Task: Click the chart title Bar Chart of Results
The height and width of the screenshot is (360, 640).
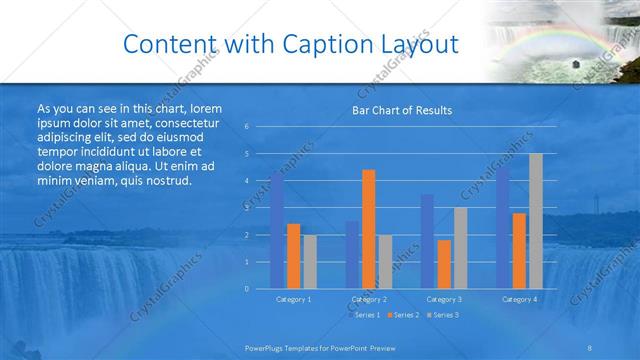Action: click(x=401, y=110)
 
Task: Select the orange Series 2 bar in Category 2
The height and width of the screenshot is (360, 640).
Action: click(x=368, y=229)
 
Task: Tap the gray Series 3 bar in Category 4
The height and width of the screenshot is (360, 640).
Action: click(x=536, y=221)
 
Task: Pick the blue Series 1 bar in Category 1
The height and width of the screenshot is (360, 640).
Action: click(x=277, y=230)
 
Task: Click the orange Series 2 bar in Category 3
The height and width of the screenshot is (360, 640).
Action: click(x=444, y=264)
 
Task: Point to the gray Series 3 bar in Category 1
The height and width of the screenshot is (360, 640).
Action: click(x=310, y=262)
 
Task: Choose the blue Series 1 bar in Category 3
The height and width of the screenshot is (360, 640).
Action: click(x=427, y=241)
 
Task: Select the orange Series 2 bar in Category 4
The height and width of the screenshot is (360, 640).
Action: click(x=519, y=250)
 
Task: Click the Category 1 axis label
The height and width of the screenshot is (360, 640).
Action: click(x=294, y=299)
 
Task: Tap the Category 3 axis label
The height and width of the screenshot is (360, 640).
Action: click(x=444, y=299)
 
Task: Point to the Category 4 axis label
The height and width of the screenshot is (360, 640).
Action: click(x=519, y=299)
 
